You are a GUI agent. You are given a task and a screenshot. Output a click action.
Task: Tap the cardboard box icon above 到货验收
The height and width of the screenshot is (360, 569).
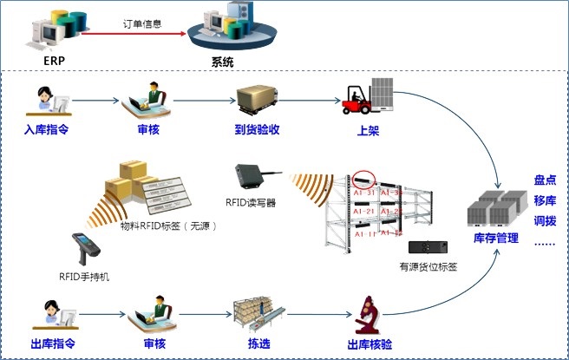pos(257,100)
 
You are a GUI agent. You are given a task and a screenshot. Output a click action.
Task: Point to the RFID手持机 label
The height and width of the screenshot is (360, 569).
pos(84,278)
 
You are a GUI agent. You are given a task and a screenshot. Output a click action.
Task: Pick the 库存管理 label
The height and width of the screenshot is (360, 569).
pos(497,238)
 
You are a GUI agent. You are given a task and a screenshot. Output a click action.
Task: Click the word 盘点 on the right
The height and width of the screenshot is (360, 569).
pos(546,180)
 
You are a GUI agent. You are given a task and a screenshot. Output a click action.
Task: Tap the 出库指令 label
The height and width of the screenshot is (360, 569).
pos(49,344)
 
